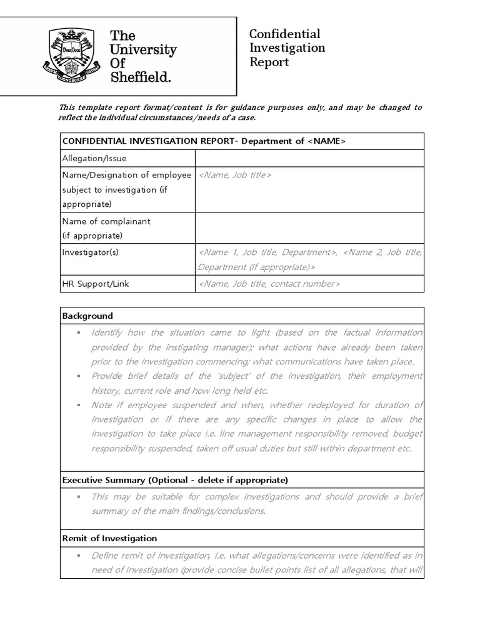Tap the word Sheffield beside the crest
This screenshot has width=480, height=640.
(141, 77)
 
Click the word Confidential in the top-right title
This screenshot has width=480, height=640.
(284, 34)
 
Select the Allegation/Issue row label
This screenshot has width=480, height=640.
(94, 159)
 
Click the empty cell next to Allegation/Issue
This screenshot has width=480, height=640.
(309, 159)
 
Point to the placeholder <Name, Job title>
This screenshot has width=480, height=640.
(235, 176)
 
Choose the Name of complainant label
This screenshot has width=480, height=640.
(106, 221)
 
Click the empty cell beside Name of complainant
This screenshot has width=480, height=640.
(309, 228)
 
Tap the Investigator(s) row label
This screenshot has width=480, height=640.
(90, 252)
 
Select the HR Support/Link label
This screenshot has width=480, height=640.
(96, 284)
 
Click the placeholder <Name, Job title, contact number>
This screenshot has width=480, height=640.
(269, 284)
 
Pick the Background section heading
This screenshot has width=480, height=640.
(87, 316)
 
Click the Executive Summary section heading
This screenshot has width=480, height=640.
(175, 480)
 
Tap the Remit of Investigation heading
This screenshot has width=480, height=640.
(109, 538)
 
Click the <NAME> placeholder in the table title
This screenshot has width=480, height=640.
(326, 141)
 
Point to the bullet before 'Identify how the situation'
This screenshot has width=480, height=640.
(79, 333)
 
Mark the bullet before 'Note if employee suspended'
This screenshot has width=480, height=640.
(79, 406)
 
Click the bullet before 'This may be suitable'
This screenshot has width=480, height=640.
(79, 497)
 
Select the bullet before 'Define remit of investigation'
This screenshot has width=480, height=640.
(79, 556)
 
